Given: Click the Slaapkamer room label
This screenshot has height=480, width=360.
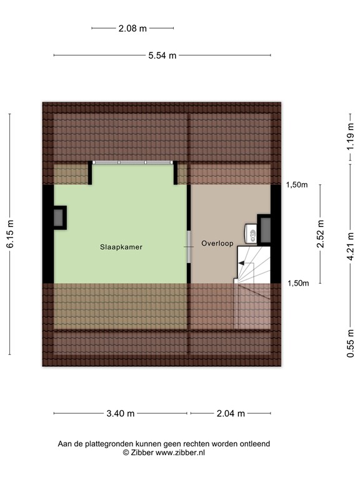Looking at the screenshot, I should (x=121, y=247).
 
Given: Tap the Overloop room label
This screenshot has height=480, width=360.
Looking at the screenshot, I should (x=217, y=243).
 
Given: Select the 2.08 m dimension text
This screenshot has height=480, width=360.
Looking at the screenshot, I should (x=132, y=27).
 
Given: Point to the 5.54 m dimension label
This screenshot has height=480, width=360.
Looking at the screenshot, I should (x=162, y=56).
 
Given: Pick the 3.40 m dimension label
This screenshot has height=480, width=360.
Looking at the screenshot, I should (x=121, y=413).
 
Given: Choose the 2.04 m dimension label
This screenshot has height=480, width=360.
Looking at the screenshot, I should (x=231, y=413).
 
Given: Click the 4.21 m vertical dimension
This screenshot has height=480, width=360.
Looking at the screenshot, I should (x=351, y=246).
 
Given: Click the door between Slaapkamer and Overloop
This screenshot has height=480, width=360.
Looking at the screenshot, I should (x=189, y=247).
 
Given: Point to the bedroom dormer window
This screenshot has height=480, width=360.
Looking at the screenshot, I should (x=132, y=162).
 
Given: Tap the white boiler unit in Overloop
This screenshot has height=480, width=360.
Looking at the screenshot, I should (x=251, y=234).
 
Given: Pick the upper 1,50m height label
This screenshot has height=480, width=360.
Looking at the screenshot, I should (x=297, y=185).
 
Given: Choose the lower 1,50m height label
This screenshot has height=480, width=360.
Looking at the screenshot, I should (x=297, y=283).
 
